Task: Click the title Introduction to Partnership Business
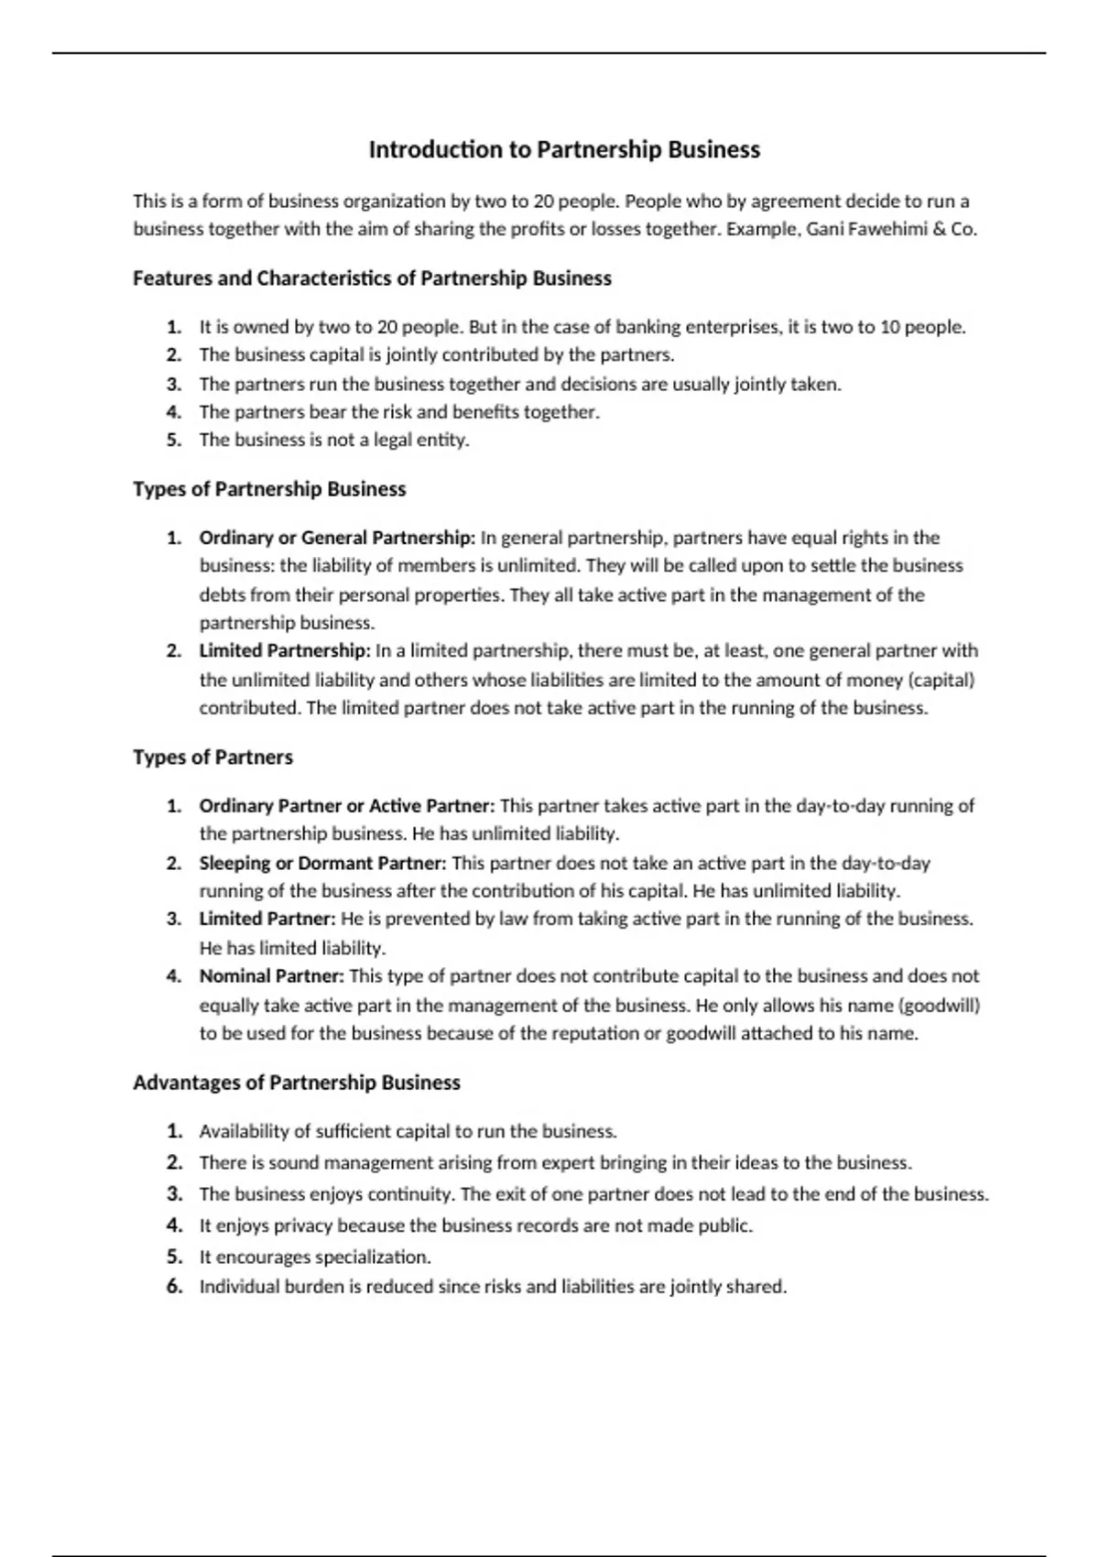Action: (564, 149)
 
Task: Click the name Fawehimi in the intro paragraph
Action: (880, 229)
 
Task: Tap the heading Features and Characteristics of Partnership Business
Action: (372, 278)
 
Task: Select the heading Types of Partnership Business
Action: (269, 489)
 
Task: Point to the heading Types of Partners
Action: (212, 757)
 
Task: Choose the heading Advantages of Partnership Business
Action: (297, 1083)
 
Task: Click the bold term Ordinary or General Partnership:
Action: (337, 538)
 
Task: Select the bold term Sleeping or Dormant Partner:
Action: (322, 863)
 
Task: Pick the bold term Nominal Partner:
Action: (272, 976)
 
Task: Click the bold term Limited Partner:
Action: (268, 919)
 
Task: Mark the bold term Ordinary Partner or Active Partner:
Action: (347, 806)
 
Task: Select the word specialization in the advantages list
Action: (373, 1257)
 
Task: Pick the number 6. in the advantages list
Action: (175, 1287)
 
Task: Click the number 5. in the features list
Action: (174, 440)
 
